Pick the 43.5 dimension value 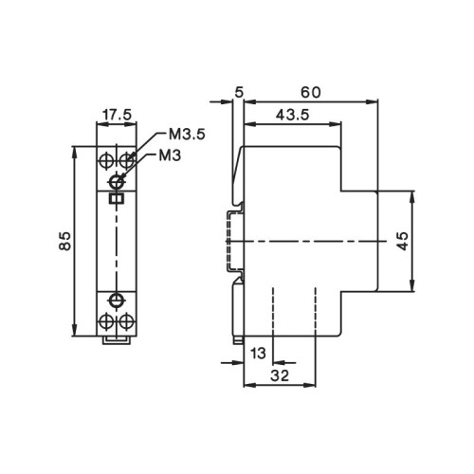[x=289, y=115]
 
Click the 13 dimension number [x=258, y=354]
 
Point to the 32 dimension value [x=279, y=376]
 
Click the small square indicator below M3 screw [x=117, y=198]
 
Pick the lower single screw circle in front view [x=117, y=301]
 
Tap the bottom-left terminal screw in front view [x=106, y=322]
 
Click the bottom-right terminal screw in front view [x=125, y=322]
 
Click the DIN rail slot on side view [x=230, y=242]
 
